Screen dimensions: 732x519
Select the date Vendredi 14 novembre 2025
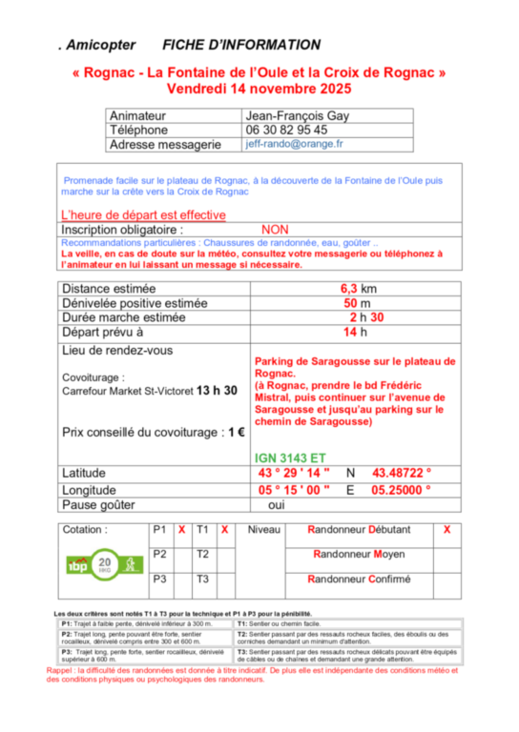tap(259, 89)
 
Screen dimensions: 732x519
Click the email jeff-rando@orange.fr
tap(294, 144)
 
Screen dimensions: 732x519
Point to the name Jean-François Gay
tap(298, 114)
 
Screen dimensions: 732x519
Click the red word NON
tap(275, 230)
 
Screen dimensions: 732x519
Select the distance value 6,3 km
tap(358, 288)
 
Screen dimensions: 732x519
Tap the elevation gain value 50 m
tap(357, 303)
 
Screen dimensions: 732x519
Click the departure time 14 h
tap(355, 333)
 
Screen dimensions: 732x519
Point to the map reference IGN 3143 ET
tap(290, 457)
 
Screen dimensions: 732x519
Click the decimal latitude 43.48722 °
tap(402, 473)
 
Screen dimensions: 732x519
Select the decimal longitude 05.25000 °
tap(402, 489)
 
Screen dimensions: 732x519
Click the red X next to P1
tap(181, 529)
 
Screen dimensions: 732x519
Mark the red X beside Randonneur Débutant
tap(447, 529)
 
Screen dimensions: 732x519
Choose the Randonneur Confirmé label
tap(359, 579)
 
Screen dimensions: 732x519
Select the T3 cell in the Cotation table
tap(202, 579)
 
